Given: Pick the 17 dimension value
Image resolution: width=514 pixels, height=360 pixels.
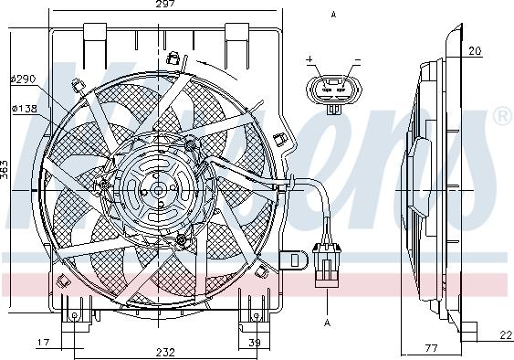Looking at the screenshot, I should (x=43, y=344).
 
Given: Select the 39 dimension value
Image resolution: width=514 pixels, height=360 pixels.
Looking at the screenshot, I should (x=255, y=344).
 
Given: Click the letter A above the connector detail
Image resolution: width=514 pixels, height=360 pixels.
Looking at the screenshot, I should (x=334, y=15).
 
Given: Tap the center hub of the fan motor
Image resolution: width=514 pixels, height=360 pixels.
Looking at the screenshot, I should (x=155, y=190).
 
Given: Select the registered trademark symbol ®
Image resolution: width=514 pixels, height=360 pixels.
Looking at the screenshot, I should (x=501, y=117).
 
